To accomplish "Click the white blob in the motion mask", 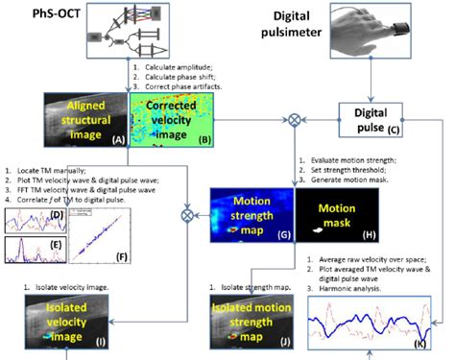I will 313,230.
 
